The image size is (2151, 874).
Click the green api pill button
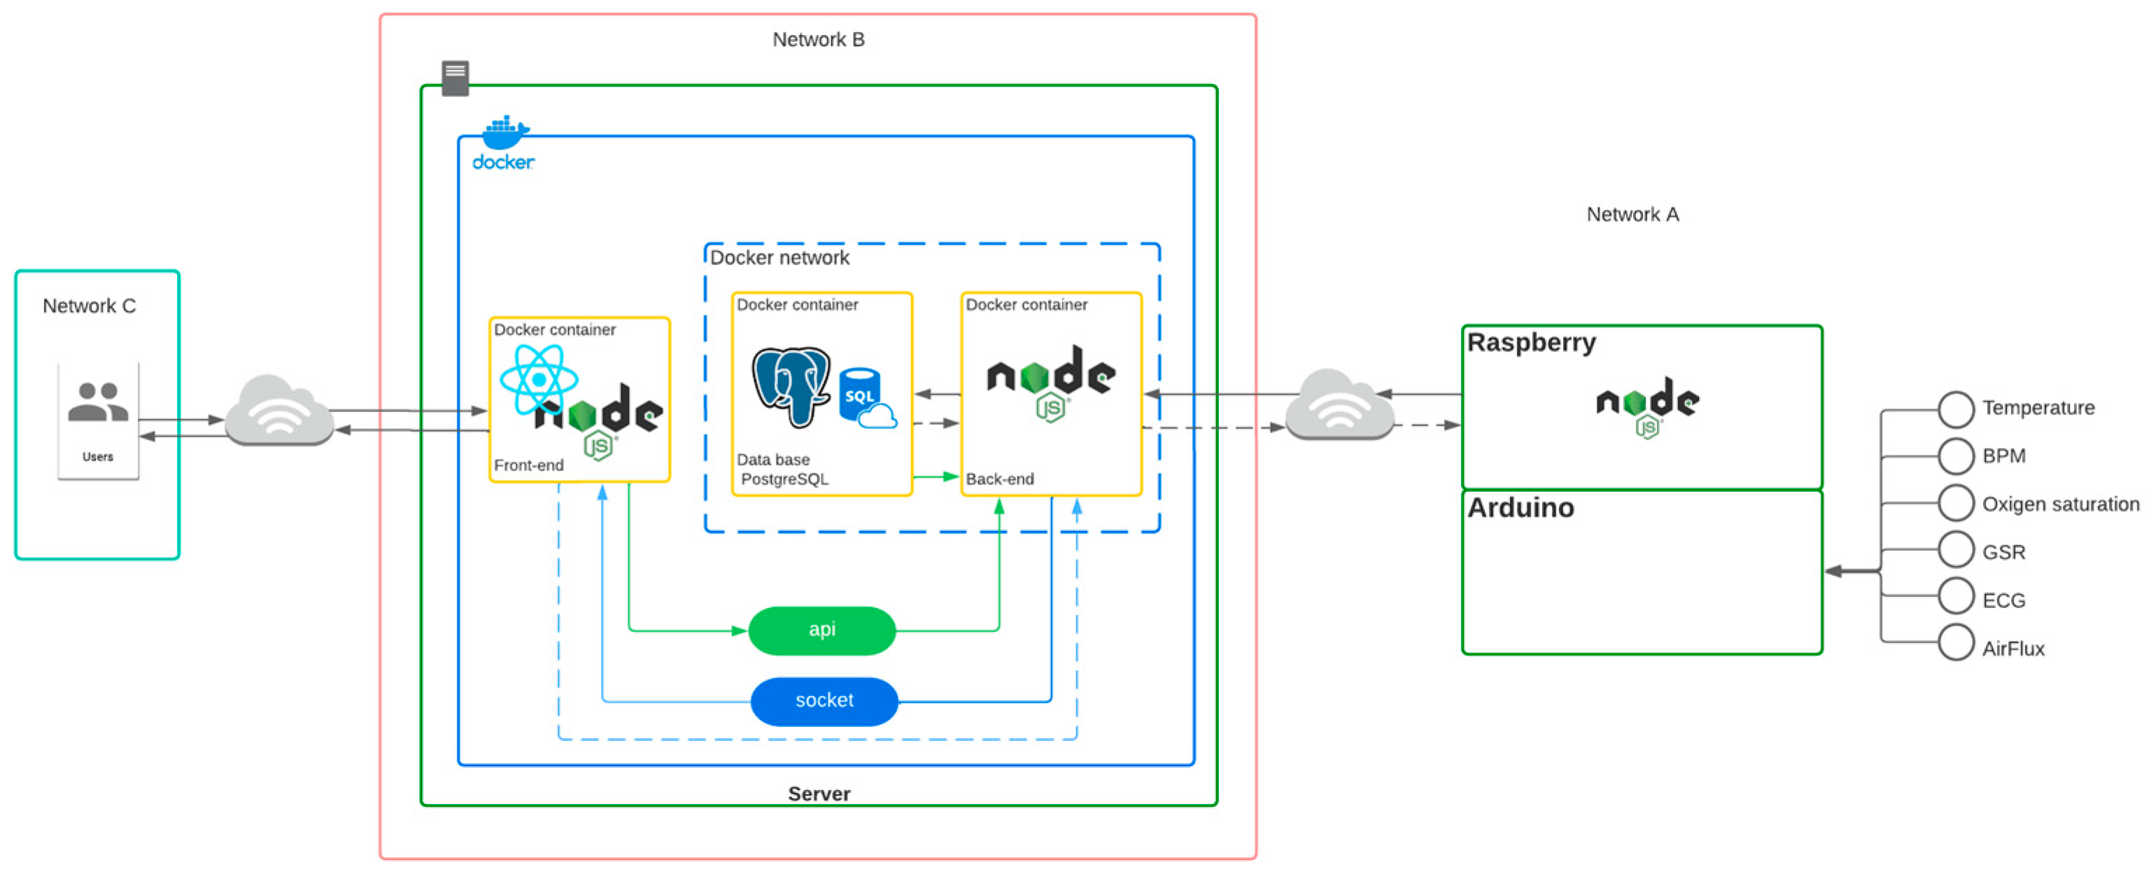pyautogui.click(x=821, y=630)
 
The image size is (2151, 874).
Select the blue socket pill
pyautogui.click(x=824, y=701)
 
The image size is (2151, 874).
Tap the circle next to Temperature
pyautogui.click(x=1956, y=409)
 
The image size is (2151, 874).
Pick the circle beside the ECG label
pyautogui.click(x=1956, y=596)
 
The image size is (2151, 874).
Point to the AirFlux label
pyautogui.click(x=2012, y=649)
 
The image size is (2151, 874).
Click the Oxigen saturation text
pyautogui.click(x=2060, y=505)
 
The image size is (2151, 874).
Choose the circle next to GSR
pyautogui.click(x=1956, y=549)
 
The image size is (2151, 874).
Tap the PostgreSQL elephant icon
pyautogui.click(x=790, y=386)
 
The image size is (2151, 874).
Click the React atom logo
pyautogui.click(x=539, y=380)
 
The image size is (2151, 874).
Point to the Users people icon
pyautogui.click(x=99, y=402)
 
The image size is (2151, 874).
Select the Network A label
pyautogui.click(x=1632, y=216)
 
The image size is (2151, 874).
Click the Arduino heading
pyautogui.click(x=1521, y=508)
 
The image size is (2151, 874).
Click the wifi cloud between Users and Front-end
pyautogui.click(x=280, y=411)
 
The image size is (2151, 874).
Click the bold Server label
pyautogui.click(x=818, y=794)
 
